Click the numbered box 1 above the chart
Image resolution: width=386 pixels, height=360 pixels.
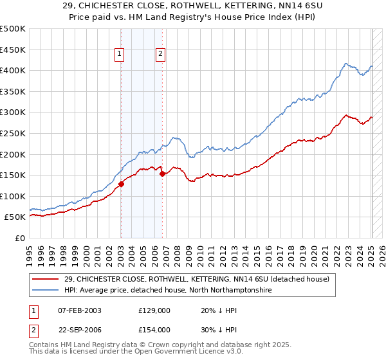(120, 55)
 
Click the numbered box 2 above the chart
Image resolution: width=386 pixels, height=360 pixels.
(160, 55)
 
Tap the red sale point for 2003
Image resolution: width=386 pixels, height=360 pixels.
(121, 184)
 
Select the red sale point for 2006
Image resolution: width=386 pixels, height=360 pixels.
(162, 174)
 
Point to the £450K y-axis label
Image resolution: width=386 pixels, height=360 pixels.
(13, 50)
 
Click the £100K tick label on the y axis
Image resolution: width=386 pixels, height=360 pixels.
(13, 196)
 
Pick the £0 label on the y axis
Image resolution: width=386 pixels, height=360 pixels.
(20, 238)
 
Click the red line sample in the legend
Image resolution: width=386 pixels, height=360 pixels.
(46, 279)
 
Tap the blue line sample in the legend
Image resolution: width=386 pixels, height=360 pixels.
(46, 291)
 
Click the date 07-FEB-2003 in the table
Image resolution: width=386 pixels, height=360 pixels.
(80, 310)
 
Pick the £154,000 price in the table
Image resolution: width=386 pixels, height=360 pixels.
(154, 329)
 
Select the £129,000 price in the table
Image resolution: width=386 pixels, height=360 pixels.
(154, 310)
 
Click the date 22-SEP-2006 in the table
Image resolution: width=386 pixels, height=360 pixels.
(80, 329)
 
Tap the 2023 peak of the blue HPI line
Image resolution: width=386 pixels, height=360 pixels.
(346, 64)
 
